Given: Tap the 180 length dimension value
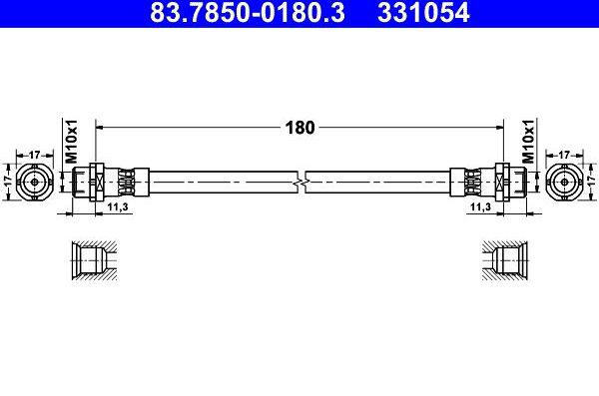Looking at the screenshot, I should click(x=299, y=128).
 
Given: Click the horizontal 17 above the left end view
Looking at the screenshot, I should click(x=34, y=155).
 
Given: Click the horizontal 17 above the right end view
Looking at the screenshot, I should click(x=565, y=155).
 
